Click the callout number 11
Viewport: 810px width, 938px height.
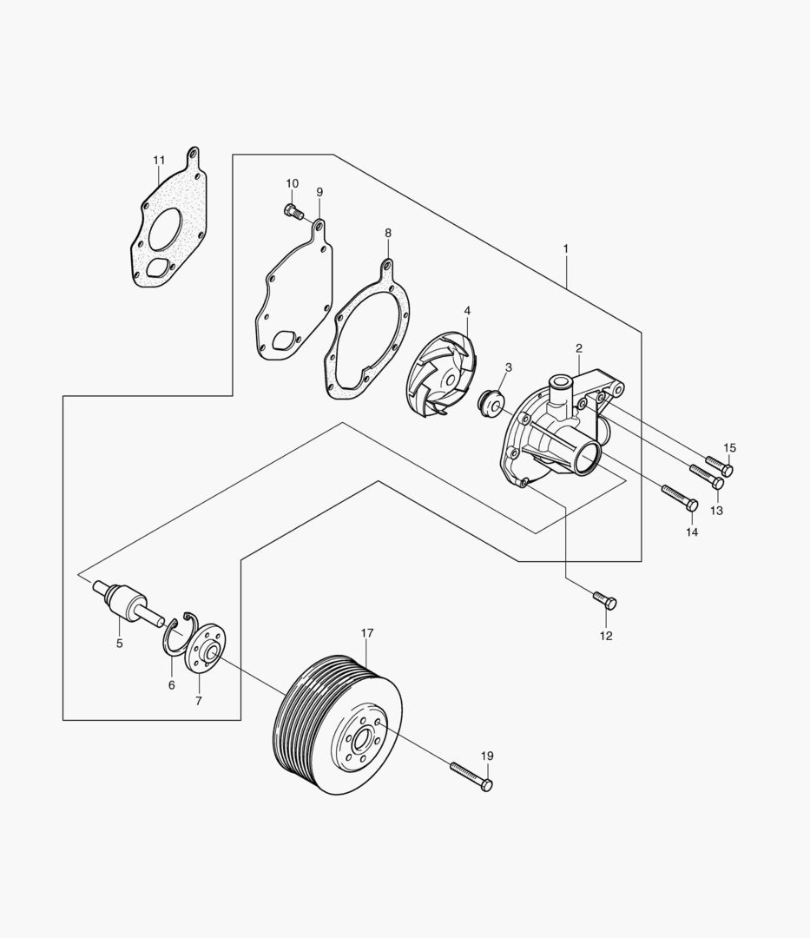(158, 161)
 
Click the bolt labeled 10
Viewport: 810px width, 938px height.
(293, 211)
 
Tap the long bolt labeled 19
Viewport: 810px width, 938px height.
(471, 776)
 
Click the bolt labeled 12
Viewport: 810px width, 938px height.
(605, 600)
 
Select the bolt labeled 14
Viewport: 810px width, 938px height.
(680, 498)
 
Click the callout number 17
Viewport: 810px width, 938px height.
(367, 633)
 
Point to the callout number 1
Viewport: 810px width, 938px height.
(565, 248)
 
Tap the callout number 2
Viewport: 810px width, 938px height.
(579, 347)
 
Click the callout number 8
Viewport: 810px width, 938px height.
(388, 232)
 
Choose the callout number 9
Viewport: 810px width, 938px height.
(319, 191)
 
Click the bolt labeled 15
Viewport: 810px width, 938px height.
(720, 466)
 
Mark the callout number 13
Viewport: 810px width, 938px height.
(716, 511)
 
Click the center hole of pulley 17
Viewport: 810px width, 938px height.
(360, 742)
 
